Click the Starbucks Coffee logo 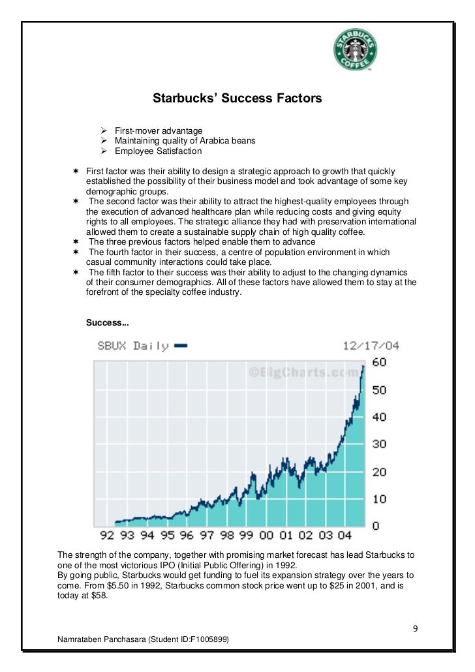pyautogui.click(x=356, y=50)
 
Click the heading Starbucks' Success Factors pyautogui.click(x=237, y=99)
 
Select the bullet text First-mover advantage pyautogui.click(x=159, y=131)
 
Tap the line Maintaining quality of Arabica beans pyautogui.click(x=185, y=141)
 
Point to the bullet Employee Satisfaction pyautogui.click(x=158, y=151)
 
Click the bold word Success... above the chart pyautogui.click(x=107, y=323)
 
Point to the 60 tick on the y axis pyautogui.click(x=378, y=362)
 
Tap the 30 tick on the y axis pyautogui.click(x=378, y=444)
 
